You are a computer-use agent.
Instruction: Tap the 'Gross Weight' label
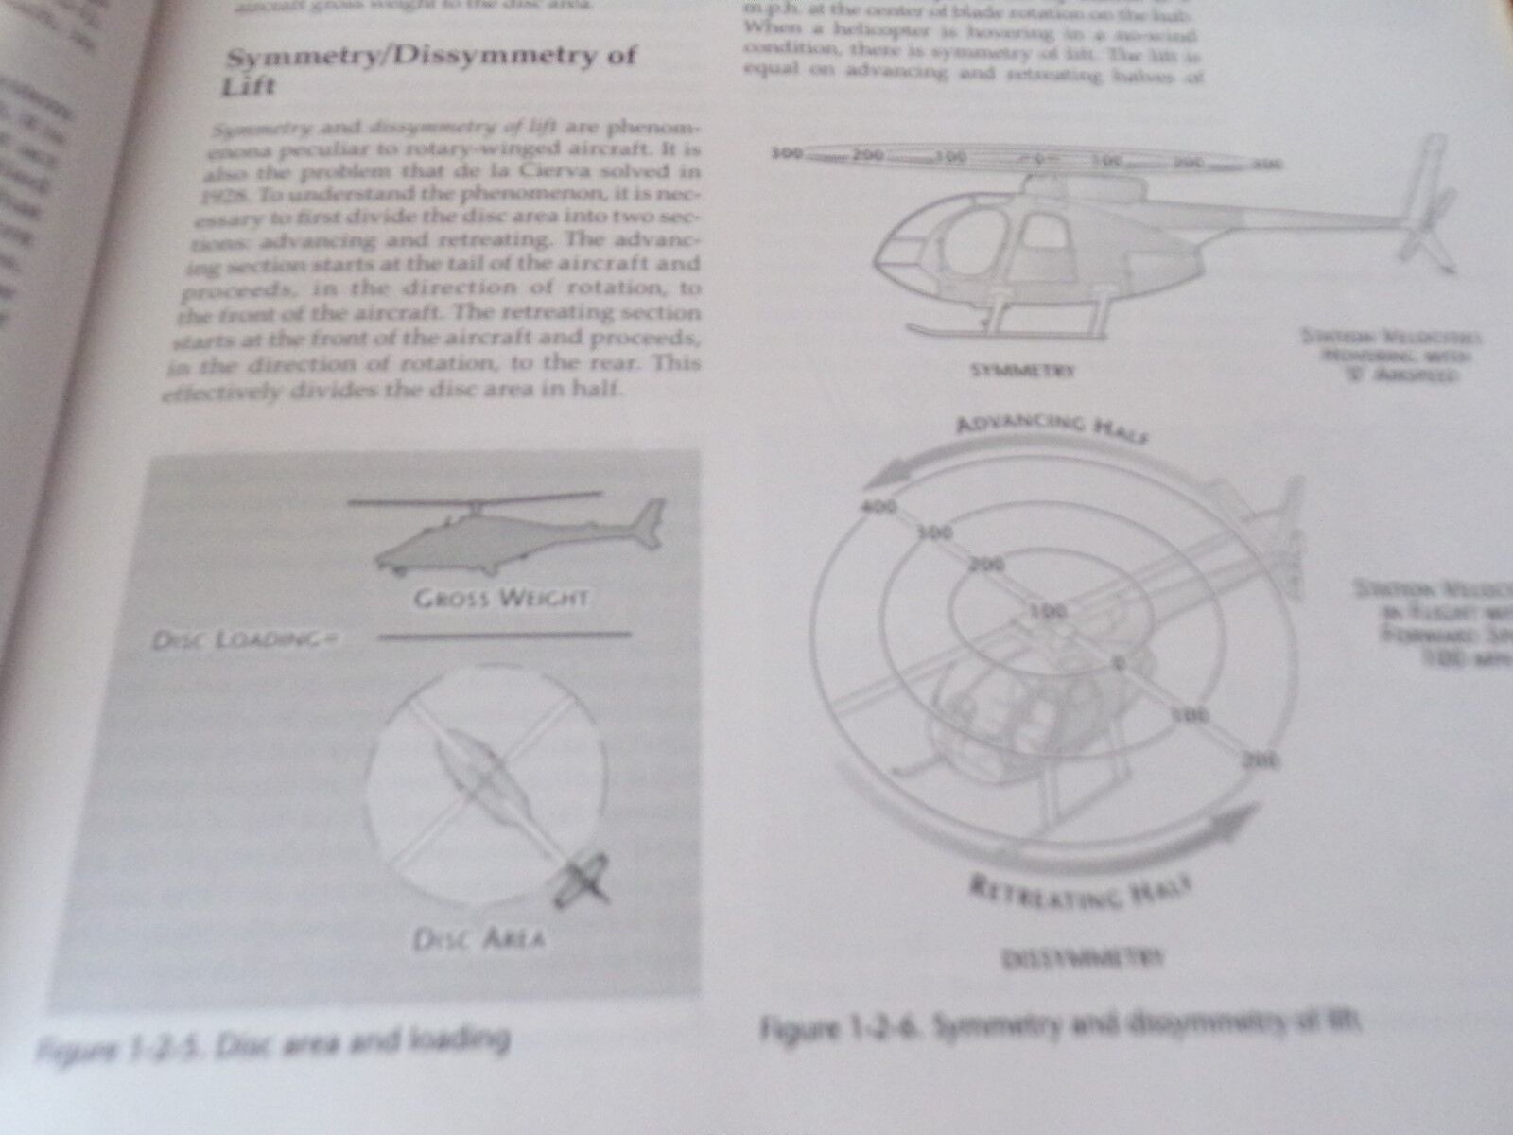pos(501,598)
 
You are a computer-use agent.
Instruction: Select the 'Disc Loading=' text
pos(245,640)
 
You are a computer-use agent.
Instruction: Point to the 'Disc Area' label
pos(478,938)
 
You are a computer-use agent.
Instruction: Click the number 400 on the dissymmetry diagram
pos(879,508)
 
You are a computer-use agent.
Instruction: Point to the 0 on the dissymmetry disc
pos(1119,662)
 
